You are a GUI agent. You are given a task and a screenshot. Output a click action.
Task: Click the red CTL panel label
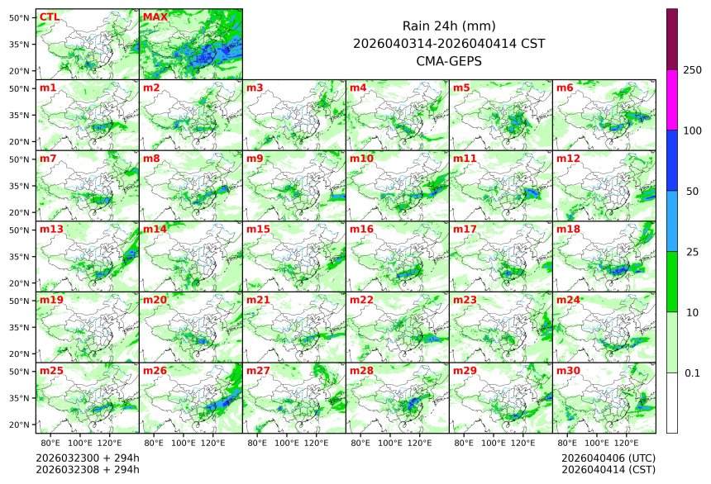pos(49,17)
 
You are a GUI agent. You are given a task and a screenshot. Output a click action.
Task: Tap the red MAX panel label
pos(154,17)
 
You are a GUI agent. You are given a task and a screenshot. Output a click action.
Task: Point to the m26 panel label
pos(155,371)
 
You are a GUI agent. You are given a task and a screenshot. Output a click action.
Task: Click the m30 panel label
pos(568,371)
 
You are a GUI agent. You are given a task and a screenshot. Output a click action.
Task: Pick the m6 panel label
pos(565,88)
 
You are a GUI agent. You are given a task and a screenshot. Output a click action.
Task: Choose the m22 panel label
pos(361,300)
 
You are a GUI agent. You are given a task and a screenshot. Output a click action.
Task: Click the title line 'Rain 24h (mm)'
pos(448,26)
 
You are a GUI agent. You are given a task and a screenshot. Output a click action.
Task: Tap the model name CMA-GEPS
pos(448,60)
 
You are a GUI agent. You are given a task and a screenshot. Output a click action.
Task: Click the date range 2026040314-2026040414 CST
pos(448,43)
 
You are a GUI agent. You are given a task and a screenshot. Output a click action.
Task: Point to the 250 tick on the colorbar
pos(692,70)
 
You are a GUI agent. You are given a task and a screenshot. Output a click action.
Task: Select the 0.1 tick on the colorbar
pos(692,372)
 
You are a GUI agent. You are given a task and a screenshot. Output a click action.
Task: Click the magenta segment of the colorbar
pos(672,99)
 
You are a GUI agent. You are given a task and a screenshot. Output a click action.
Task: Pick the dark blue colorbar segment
pos(672,160)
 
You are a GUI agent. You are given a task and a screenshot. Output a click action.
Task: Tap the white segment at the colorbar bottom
pos(672,402)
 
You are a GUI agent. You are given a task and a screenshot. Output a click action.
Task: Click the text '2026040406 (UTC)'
pos(608,458)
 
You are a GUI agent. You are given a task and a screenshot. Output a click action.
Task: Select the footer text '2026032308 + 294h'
pos(88,469)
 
